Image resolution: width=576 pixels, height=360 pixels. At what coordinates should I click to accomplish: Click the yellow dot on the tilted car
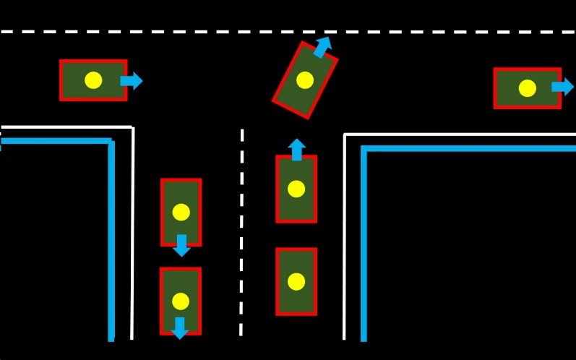tap(305, 80)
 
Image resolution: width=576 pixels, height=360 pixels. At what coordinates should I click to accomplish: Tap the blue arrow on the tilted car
tap(322, 47)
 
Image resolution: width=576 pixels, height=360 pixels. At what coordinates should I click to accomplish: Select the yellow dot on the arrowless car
tap(296, 281)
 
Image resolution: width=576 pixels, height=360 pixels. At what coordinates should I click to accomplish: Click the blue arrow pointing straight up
tap(296, 149)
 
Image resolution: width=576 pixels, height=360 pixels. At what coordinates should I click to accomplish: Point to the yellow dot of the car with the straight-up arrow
tap(296, 189)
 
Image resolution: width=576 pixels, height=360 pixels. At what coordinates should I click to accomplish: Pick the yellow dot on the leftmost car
tap(93, 80)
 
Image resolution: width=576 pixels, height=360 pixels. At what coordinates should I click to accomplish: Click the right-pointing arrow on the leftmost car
tap(132, 80)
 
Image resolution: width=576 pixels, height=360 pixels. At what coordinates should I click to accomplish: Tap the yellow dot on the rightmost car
tap(528, 88)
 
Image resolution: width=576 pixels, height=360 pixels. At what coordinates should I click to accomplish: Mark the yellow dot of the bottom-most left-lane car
tap(181, 301)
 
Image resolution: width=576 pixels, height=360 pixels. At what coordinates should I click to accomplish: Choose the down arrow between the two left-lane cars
tap(181, 246)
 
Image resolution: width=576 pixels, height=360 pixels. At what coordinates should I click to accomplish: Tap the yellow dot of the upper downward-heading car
tap(181, 212)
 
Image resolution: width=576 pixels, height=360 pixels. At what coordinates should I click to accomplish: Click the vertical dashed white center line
tap(241, 231)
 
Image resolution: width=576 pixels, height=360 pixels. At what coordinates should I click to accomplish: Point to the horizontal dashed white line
tap(289, 32)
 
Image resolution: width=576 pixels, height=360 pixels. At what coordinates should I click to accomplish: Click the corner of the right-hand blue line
tap(364, 149)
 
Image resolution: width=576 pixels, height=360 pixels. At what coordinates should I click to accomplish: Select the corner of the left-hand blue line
tap(111, 142)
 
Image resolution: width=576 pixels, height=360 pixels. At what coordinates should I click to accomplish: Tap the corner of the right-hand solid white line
tap(345, 135)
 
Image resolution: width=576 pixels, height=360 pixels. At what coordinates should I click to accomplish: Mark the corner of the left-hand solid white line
tap(132, 128)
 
